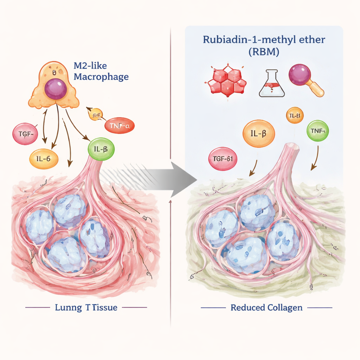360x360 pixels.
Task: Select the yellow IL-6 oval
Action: coord(44,159)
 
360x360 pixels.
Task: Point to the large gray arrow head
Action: coord(185,180)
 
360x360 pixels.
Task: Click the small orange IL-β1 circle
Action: coord(295,115)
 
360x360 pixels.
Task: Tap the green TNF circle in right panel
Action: coord(318,131)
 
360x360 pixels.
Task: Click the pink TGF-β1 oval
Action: coord(223,159)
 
